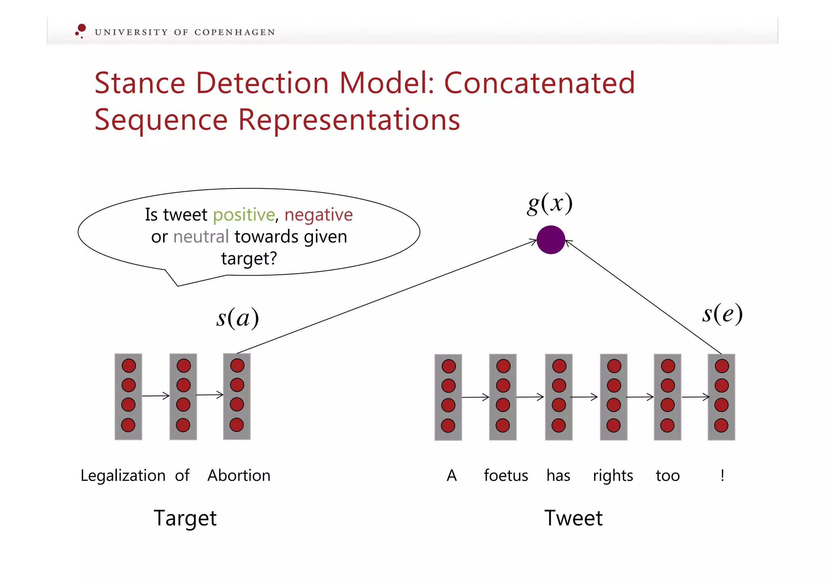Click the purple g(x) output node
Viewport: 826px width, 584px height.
coord(551,240)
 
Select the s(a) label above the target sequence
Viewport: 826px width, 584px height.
coord(238,318)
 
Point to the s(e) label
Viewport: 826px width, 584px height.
coord(722,314)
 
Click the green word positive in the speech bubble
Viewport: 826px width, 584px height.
coord(244,215)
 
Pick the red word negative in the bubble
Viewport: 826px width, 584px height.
coord(318,215)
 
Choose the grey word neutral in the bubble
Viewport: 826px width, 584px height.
coord(201,237)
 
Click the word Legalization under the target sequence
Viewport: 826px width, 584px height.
coord(123,475)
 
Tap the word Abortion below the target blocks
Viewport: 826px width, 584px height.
coord(239,475)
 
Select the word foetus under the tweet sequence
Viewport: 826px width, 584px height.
coord(506,475)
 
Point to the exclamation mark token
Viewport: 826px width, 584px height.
coord(722,475)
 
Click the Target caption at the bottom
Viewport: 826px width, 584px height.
coord(185,518)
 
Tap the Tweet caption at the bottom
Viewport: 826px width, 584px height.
coord(573,518)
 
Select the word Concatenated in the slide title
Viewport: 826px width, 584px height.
coord(539,83)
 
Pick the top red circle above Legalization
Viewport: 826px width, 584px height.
coord(129,366)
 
